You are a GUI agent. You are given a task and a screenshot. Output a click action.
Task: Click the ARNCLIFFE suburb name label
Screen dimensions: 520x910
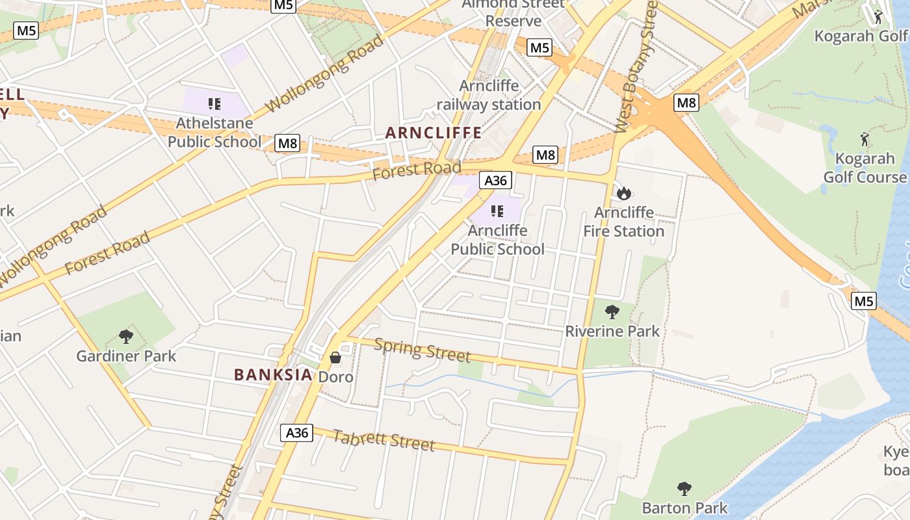434,133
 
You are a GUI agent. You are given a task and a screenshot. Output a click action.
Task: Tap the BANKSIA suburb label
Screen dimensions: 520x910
273,375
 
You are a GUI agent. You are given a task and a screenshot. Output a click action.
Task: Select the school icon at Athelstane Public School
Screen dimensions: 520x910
214,103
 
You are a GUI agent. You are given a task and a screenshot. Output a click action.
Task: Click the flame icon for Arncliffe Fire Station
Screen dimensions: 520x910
624,193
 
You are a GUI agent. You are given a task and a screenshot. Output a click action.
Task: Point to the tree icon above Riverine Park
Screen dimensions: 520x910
612,312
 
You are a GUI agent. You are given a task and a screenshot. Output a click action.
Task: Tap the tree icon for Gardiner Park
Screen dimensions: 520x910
126,337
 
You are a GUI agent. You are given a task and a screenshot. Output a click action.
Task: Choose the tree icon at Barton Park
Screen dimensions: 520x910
684,489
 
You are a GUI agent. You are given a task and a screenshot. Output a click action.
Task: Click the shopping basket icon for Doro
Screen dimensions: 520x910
335,357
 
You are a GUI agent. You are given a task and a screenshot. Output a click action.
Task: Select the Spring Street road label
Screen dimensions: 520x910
422,350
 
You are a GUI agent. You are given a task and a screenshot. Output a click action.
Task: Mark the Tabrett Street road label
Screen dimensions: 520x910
383,440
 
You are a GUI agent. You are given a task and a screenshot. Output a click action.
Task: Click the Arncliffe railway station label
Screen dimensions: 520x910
489,95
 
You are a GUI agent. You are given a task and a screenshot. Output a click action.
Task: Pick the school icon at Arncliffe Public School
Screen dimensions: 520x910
497,211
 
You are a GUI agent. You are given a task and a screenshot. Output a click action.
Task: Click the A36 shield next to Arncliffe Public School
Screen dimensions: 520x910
496,180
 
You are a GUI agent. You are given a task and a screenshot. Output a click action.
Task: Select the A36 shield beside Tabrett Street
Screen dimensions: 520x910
296,433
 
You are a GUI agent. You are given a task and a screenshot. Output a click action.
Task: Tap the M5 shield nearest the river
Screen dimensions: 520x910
864,301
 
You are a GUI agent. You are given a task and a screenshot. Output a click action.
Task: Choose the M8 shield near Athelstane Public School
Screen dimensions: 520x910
288,143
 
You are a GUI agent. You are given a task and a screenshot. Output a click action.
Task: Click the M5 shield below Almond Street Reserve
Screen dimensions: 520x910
539,47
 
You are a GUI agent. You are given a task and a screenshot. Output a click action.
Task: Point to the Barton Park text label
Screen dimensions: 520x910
684,508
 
